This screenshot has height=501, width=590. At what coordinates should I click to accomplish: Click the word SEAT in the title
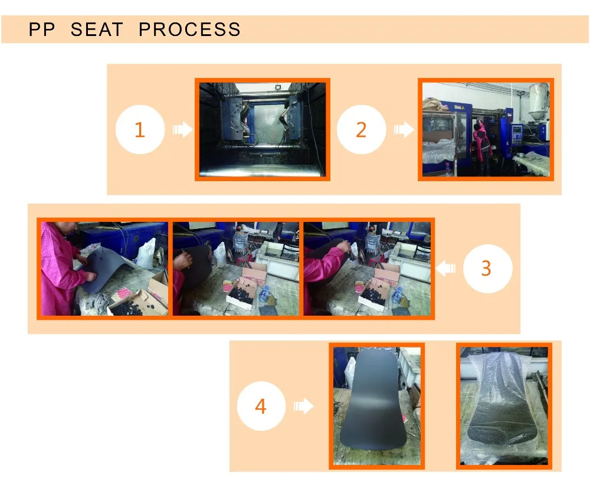(97, 30)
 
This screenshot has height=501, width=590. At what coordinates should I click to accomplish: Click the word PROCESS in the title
(189, 30)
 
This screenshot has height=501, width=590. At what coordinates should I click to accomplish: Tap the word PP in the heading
(42, 30)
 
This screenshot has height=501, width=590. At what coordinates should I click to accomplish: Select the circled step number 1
(140, 129)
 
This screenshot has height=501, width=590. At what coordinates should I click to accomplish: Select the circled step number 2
(361, 129)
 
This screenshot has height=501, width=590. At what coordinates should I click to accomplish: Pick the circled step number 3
(487, 268)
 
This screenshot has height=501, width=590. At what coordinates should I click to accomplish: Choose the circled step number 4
(261, 406)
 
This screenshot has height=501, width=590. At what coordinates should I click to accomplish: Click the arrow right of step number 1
(183, 129)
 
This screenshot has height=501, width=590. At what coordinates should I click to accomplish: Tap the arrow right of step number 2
(404, 129)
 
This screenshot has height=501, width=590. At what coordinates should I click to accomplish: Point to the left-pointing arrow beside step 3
(445, 268)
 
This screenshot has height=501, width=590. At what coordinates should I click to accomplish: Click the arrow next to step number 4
(303, 406)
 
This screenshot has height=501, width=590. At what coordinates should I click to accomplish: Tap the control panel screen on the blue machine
(517, 130)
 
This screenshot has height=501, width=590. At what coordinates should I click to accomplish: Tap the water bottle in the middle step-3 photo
(264, 293)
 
